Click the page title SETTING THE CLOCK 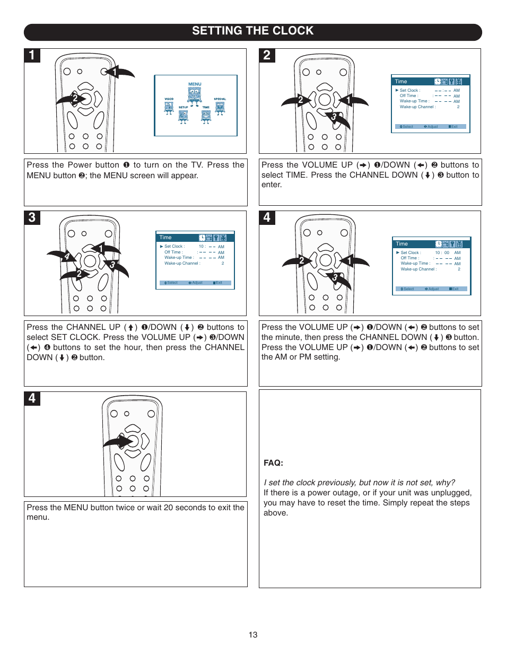click(252, 31)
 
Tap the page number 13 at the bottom click(253, 635)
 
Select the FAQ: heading click(273, 463)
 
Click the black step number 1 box click(32, 56)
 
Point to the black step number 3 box click(32, 218)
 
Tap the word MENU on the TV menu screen click(195, 84)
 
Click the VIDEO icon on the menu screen click(169, 107)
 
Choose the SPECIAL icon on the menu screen click(220, 107)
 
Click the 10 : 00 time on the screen click(442, 253)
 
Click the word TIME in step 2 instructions click(296, 175)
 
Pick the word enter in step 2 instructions click(272, 185)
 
